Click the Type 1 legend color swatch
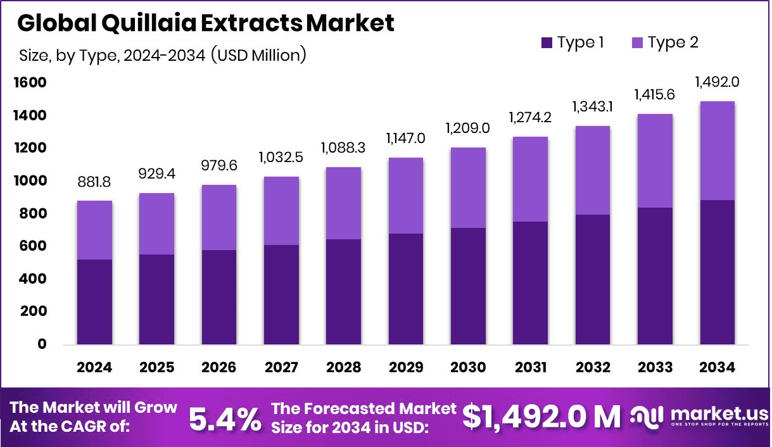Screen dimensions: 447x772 [547, 43]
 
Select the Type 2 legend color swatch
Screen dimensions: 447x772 [637, 43]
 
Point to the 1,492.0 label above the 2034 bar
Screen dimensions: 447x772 [717, 82]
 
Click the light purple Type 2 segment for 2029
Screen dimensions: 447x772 [405, 196]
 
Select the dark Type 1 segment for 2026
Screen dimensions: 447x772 [218, 297]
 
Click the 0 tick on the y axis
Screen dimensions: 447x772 [42, 344]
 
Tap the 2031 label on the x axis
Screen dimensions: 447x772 [529, 368]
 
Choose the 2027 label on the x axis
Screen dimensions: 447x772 [281, 368]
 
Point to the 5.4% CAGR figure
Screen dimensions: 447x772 [225, 418]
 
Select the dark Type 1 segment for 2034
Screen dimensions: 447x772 [717, 272]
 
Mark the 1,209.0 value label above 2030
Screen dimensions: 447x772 [467, 128]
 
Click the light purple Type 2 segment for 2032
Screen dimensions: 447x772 [592, 170]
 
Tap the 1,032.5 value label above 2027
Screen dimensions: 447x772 [281, 157]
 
